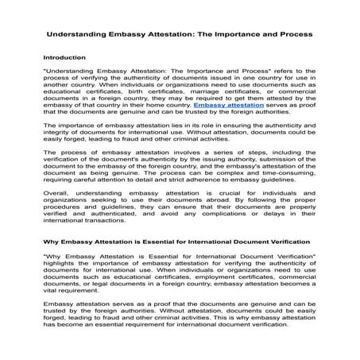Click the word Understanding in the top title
[77, 37]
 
